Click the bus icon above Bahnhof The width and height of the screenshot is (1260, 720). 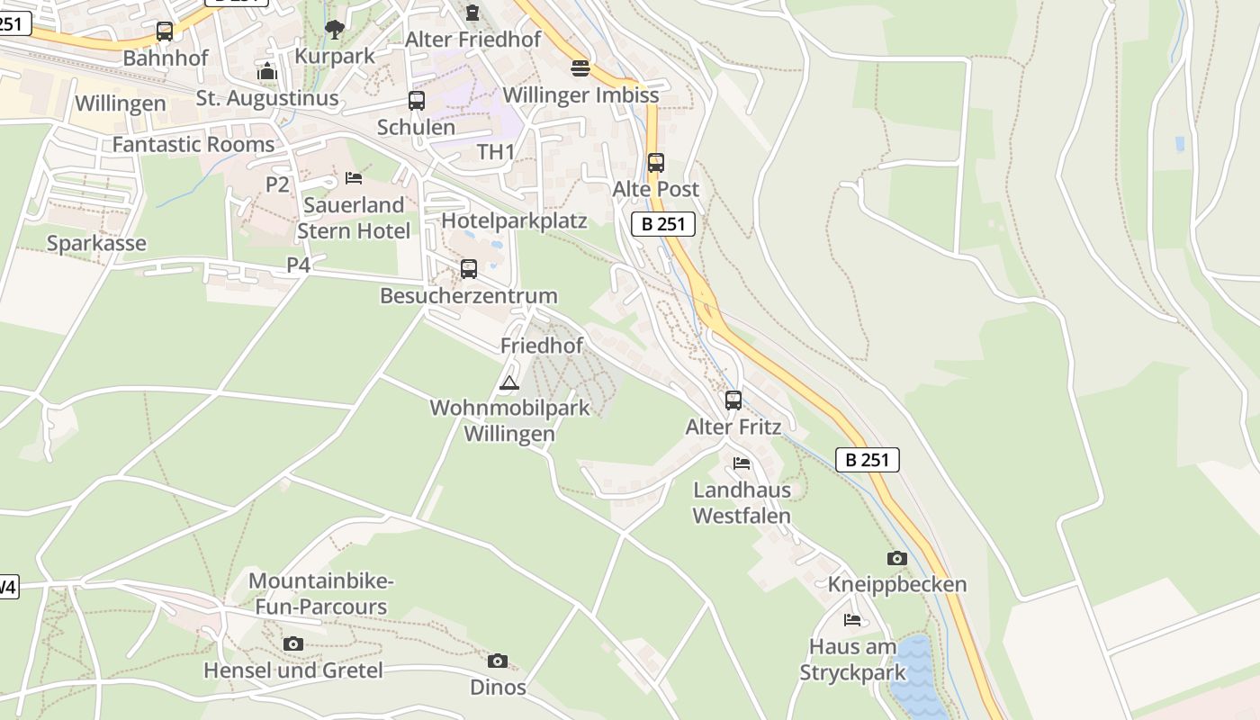tap(164, 31)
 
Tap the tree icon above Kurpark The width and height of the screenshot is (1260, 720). tap(335, 30)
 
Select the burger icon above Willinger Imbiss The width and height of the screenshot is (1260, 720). tap(580, 68)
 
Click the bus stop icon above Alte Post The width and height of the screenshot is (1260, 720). tap(656, 163)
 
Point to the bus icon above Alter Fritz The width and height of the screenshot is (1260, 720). tap(733, 400)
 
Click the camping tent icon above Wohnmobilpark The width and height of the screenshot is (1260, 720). tap(509, 382)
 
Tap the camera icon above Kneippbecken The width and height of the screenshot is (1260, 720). tap(896, 558)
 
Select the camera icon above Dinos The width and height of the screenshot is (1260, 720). tap(498, 661)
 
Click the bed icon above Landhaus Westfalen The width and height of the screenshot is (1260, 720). tap(742, 463)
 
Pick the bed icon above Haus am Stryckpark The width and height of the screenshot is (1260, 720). tap(852, 620)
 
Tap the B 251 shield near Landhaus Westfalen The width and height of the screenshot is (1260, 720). tap(868, 460)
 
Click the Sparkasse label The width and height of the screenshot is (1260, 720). tap(96, 243)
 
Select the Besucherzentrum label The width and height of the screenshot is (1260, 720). tap(468, 295)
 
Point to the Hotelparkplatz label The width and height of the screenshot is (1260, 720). tap(514, 220)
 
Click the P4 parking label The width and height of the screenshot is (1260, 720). tap(298, 265)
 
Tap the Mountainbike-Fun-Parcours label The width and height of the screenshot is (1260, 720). tap(321, 594)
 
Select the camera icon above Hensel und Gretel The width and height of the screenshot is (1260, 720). tap(293, 643)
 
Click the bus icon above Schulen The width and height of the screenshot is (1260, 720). tap(417, 101)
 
